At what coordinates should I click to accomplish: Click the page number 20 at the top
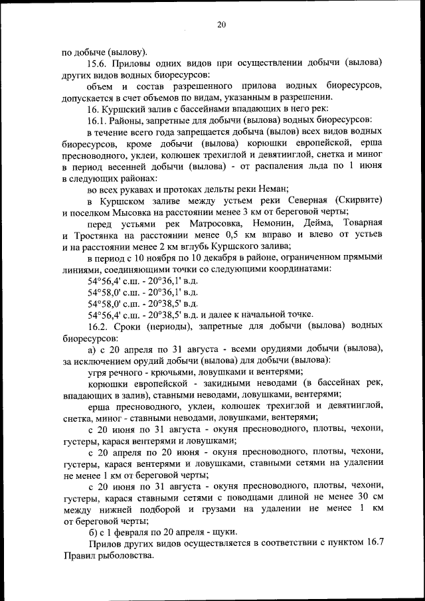tap(221, 25)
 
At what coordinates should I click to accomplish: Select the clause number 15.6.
tap(98, 63)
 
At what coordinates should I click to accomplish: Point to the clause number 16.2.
tap(98, 326)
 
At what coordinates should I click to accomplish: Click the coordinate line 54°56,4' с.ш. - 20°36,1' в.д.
tap(143, 281)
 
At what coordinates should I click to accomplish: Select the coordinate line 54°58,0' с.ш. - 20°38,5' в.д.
tap(143, 303)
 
